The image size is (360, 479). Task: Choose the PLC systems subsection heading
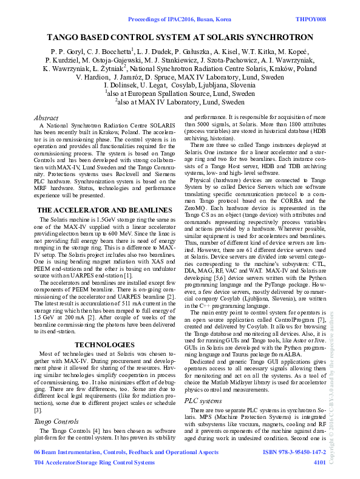(x=203, y=401)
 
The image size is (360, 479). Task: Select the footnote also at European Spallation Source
(x=180, y=95)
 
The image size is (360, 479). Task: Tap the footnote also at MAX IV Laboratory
(x=180, y=103)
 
